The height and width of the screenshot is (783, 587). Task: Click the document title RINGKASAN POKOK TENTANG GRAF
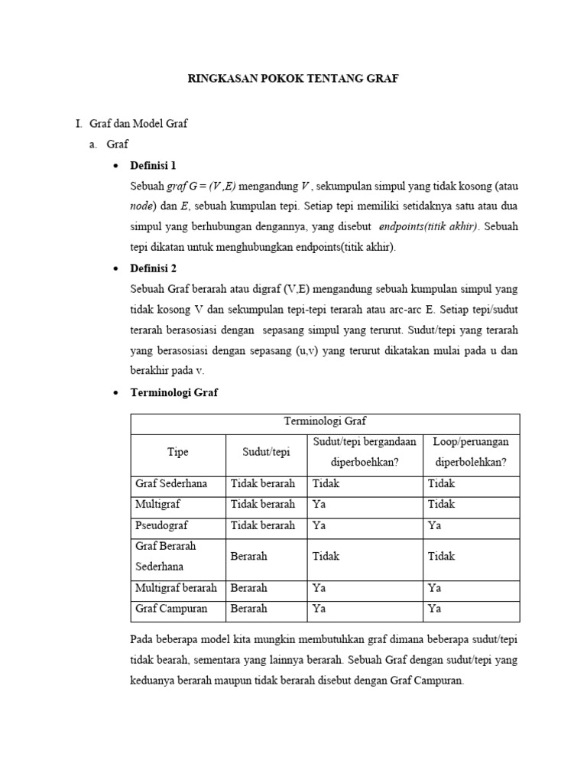coord(293,78)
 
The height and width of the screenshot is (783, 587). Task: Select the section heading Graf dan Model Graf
coord(138,123)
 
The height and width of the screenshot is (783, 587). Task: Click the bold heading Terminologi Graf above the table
coord(175,392)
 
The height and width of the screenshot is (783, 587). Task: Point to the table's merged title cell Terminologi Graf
coord(326,421)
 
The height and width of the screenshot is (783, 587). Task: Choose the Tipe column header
coord(178,452)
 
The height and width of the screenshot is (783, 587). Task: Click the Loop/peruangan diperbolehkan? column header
coord(471,452)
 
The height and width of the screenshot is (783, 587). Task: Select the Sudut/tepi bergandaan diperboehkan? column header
coord(364,452)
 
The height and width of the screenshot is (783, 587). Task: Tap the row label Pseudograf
coord(161,525)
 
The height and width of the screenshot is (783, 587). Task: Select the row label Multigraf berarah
coord(177,588)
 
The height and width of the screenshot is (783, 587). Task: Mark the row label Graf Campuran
coord(170,609)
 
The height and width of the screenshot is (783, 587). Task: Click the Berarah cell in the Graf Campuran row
coord(248,609)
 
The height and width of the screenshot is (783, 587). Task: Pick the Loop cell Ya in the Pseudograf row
coord(434,525)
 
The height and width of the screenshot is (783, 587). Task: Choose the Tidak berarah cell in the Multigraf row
coord(263,504)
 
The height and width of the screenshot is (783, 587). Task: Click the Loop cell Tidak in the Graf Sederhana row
coord(441,483)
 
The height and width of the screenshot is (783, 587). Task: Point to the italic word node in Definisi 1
coord(142,206)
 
